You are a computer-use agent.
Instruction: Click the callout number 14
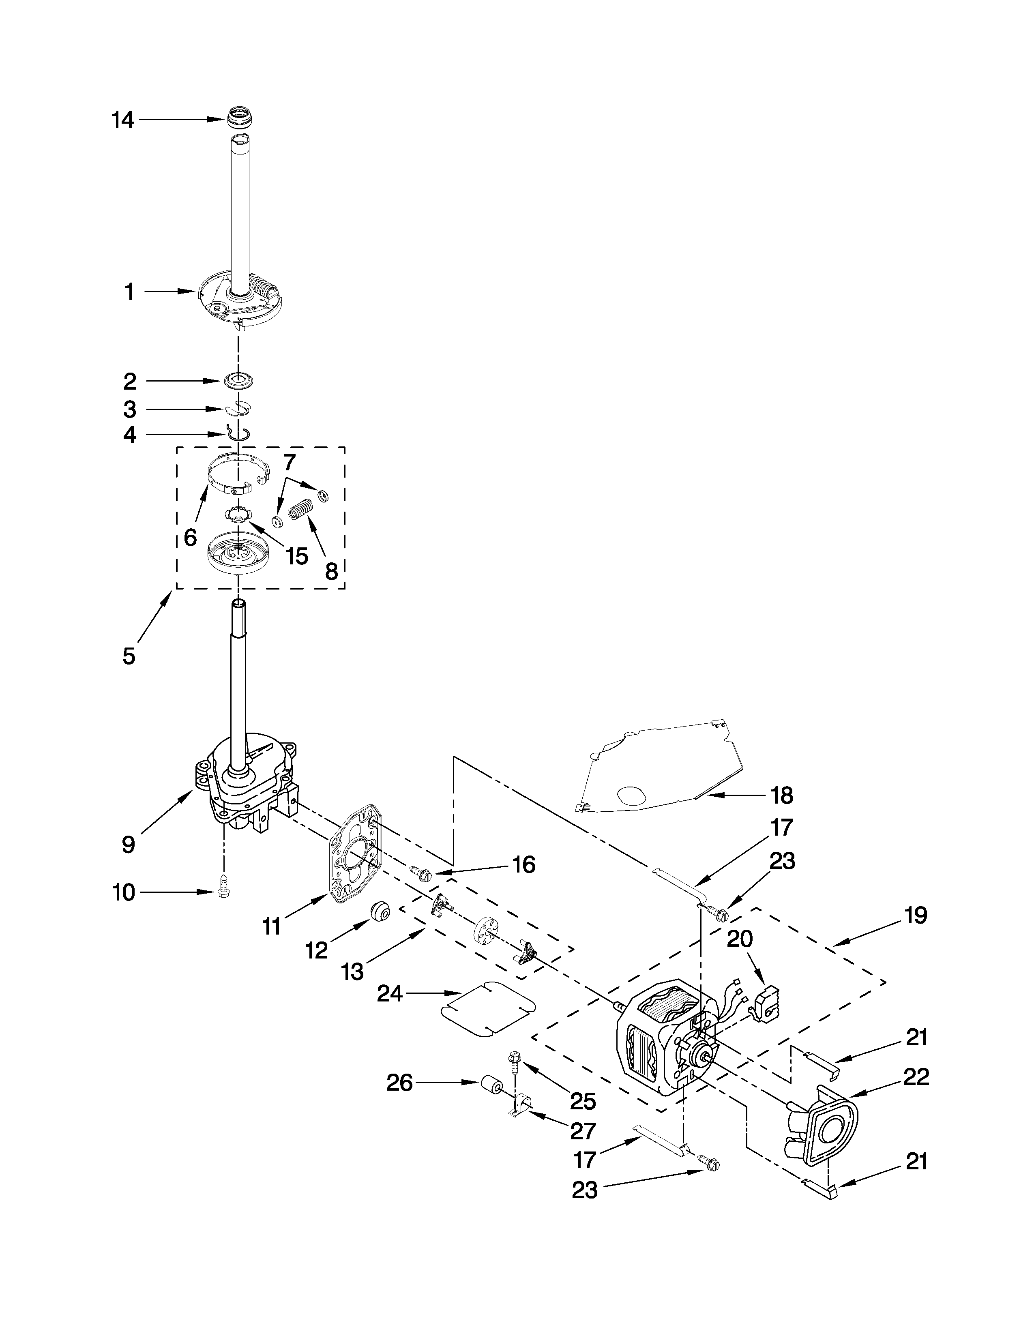tap(122, 120)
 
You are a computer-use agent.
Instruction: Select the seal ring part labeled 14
tap(241, 118)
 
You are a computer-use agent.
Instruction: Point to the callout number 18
tap(782, 795)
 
